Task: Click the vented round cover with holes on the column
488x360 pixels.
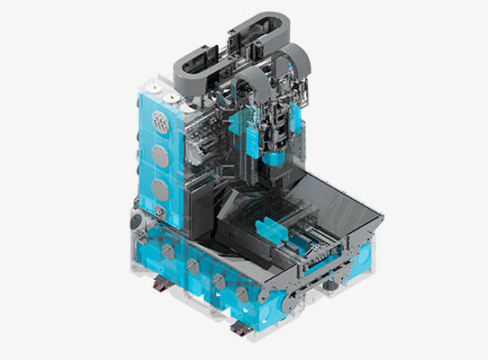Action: point(162,122)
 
